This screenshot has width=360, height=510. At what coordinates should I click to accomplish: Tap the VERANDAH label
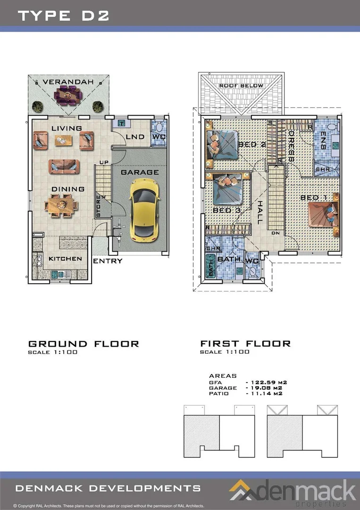68,82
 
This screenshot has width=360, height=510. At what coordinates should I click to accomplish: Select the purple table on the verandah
68,95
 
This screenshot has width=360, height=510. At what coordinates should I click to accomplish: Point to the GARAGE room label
140,172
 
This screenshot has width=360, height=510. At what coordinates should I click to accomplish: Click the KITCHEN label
65,259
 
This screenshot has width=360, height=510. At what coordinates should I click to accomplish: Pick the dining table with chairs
61,205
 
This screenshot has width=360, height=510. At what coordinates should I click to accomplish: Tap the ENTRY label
108,261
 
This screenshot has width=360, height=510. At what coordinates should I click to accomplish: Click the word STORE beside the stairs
99,206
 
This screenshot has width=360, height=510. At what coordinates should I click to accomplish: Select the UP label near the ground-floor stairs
104,162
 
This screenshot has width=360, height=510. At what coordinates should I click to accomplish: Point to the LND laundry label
135,136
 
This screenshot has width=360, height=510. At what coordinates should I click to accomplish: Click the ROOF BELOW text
242,85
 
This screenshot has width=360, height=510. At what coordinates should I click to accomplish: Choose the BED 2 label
252,144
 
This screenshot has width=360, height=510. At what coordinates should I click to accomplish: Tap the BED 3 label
227,211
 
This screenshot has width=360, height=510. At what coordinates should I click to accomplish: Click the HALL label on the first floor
260,212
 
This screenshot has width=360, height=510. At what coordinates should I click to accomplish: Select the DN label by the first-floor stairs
276,233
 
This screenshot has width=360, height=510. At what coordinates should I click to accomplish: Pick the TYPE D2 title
63,16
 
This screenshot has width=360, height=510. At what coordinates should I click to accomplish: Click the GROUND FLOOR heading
84,344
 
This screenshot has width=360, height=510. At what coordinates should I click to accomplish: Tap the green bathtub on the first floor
210,265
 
